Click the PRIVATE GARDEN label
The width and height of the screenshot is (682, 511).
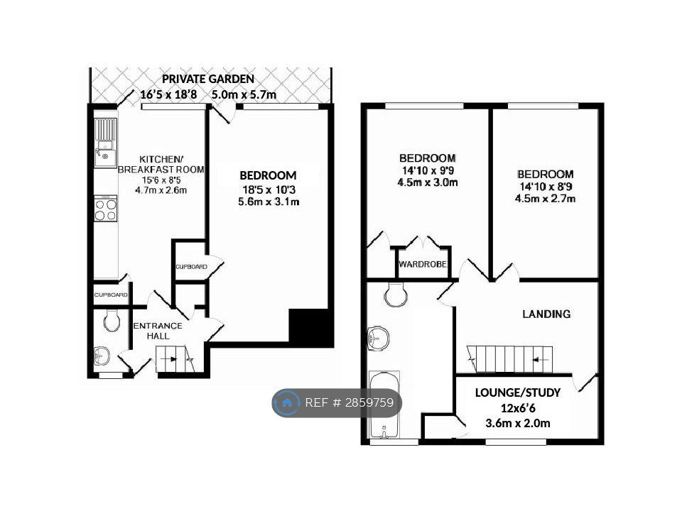[x=208, y=79]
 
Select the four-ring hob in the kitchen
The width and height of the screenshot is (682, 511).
[x=106, y=209]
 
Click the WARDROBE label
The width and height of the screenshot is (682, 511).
[x=422, y=264]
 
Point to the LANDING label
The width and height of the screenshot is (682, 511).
[x=546, y=314]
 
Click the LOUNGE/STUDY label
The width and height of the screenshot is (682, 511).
[x=518, y=392]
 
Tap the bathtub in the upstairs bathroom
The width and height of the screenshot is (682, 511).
[x=384, y=405]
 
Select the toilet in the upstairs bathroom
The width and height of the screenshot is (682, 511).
[x=396, y=294]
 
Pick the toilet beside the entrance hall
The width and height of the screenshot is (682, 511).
[x=112, y=320]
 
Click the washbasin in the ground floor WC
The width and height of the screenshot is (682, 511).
[x=102, y=356]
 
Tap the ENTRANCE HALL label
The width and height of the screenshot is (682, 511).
[x=158, y=331]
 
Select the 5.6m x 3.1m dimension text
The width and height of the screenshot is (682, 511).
[x=269, y=202]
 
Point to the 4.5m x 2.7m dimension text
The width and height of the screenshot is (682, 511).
[x=545, y=199]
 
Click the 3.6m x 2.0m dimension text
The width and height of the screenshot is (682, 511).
[x=518, y=423]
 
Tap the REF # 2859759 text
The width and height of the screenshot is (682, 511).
[x=350, y=403]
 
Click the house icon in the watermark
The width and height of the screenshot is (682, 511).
[x=287, y=403]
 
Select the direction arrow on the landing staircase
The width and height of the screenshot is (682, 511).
[x=539, y=360]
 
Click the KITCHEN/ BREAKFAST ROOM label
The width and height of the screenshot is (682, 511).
[x=161, y=164]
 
